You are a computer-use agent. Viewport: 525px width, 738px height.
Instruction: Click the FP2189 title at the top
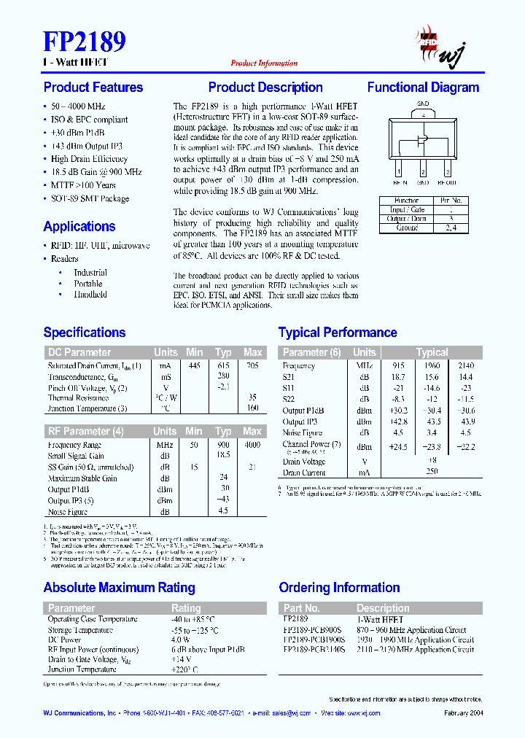tap(85, 41)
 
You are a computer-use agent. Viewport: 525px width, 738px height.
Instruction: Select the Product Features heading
tap(93, 88)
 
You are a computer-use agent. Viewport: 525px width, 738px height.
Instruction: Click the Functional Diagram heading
tap(423, 88)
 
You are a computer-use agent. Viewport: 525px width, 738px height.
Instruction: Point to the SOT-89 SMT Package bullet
tap(90, 198)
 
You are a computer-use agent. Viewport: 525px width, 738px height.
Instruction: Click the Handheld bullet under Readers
tap(90, 295)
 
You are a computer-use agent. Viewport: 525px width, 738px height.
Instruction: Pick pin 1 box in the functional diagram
tap(399, 172)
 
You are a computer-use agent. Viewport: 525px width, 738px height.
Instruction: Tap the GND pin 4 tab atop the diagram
tap(423, 113)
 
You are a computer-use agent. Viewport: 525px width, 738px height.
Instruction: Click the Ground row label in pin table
tap(407, 228)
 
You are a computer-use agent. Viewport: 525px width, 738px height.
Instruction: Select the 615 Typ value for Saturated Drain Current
tap(223, 365)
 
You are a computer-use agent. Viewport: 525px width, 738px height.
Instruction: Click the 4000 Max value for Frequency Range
tap(252, 445)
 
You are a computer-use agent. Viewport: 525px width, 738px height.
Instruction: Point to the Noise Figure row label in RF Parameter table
tap(69, 511)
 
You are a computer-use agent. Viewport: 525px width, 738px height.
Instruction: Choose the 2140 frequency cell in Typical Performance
tap(466, 365)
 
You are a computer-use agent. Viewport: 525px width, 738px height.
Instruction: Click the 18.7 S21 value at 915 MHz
tap(398, 377)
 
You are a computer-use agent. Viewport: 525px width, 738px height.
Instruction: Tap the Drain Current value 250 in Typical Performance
tap(432, 473)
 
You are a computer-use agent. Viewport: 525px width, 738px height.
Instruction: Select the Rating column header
tap(186, 607)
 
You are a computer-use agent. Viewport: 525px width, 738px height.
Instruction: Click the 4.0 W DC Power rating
tap(182, 640)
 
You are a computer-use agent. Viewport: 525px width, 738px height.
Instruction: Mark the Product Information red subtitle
tap(264, 63)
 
